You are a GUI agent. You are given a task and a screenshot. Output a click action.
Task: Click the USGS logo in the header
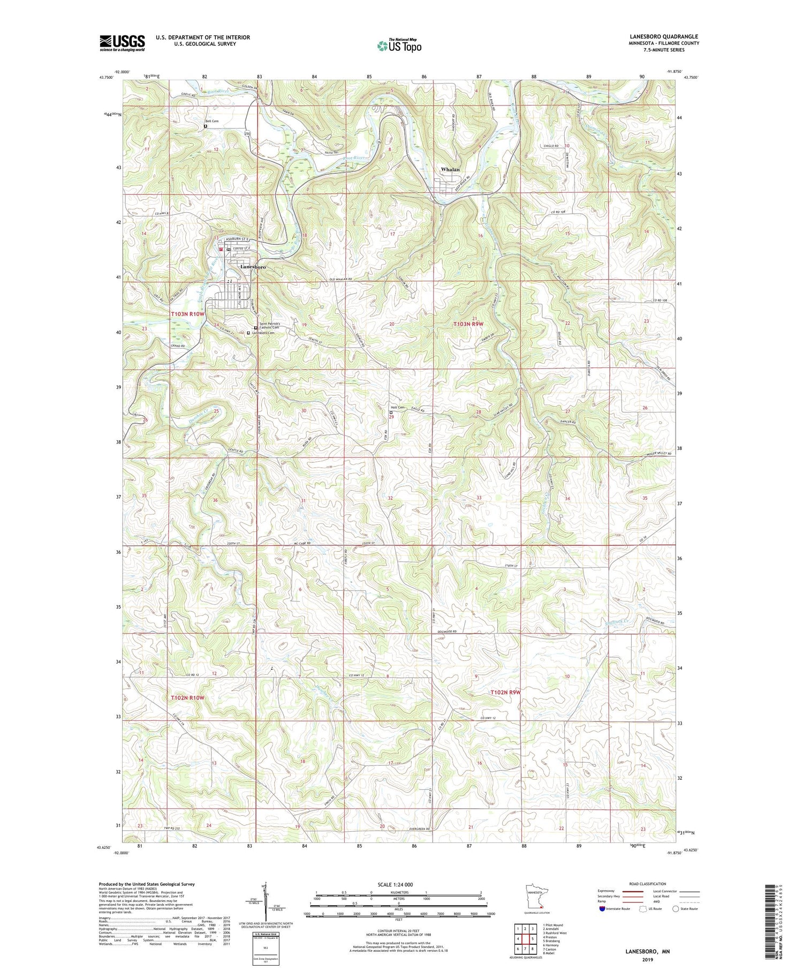point(122,43)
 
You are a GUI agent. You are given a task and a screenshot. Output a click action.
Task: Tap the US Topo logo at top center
point(399,46)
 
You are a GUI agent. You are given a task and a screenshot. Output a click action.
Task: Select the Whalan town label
point(450,169)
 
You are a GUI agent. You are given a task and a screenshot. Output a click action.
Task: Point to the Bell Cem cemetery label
point(213,122)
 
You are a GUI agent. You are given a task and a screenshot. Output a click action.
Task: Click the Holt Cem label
point(397,407)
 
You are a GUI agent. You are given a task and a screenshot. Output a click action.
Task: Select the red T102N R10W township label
point(187,698)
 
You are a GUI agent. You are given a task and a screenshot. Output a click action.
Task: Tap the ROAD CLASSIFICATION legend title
point(647,884)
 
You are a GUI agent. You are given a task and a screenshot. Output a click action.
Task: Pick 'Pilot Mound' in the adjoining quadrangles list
point(552,924)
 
